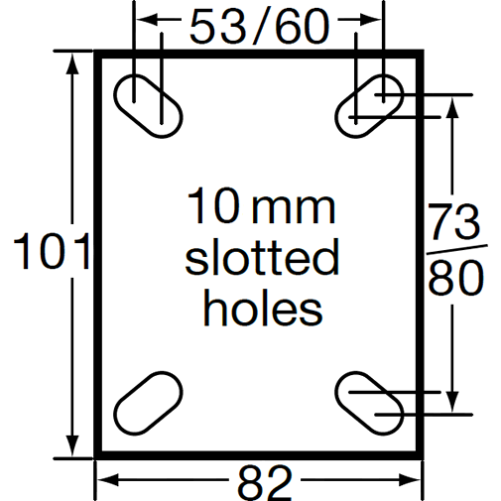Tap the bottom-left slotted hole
(x=148, y=399)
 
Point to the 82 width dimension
(x=264, y=483)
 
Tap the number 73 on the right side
(x=457, y=219)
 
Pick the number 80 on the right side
(x=457, y=279)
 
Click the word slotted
(x=262, y=260)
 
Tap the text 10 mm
(x=262, y=209)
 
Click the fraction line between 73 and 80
(x=457, y=248)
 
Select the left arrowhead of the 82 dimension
(x=103, y=482)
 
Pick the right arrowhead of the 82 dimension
(x=416, y=482)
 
